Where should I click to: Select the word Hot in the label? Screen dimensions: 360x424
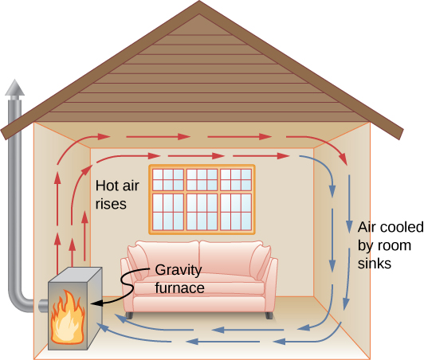click(x=107, y=185)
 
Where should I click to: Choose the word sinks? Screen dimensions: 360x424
click(x=375, y=263)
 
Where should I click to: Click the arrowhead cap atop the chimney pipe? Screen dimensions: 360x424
click(x=14, y=88)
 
